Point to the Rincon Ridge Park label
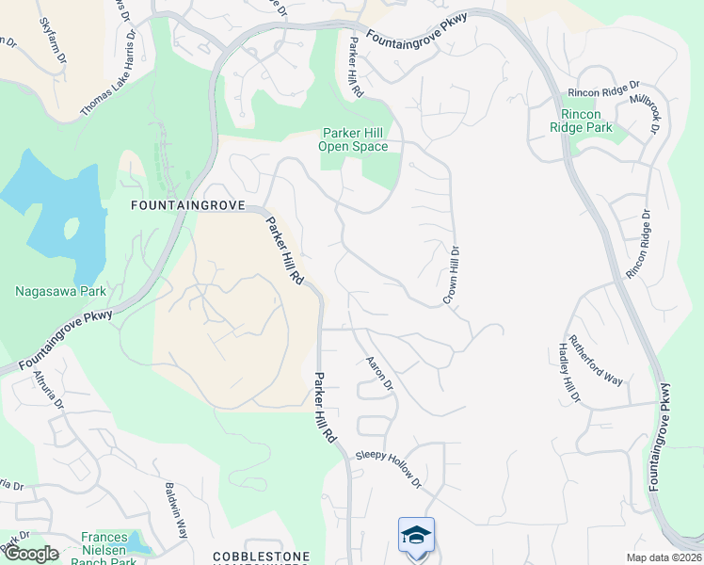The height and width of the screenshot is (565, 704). [x=581, y=121]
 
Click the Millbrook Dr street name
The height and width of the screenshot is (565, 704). [x=648, y=111]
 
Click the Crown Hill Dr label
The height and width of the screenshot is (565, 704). [x=453, y=275]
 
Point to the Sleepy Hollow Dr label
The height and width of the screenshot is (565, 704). [x=388, y=467]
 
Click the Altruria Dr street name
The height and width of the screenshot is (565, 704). [x=49, y=389]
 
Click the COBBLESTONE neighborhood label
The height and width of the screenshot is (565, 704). [x=261, y=557]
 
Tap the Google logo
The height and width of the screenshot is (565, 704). [x=31, y=554]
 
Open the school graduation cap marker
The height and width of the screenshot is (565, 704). [x=416, y=535]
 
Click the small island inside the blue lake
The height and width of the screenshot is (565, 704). [x=70, y=228]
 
